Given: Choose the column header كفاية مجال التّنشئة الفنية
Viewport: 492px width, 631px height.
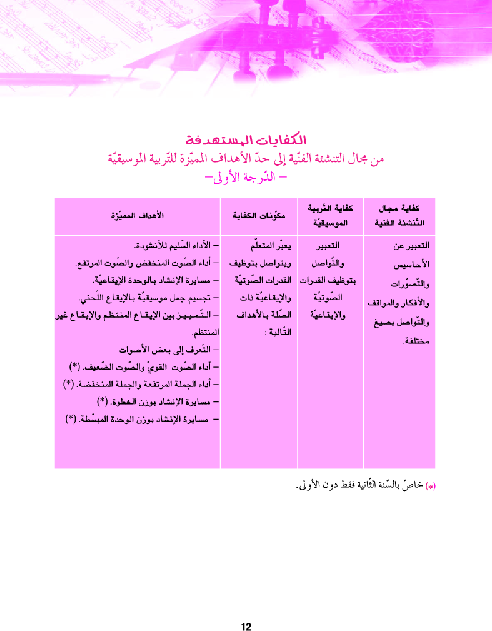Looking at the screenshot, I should pyautogui.click(x=399, y=216).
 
